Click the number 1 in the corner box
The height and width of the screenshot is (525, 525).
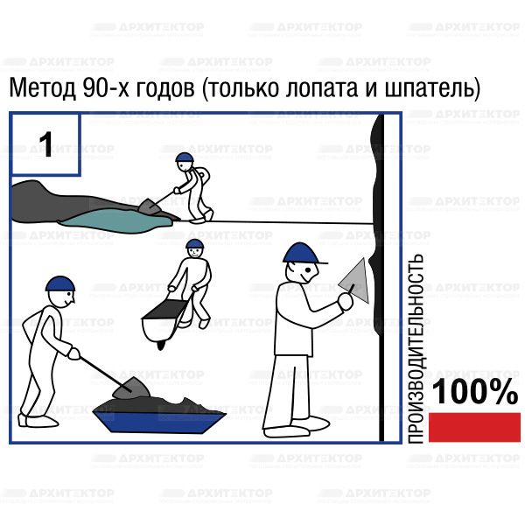tap(45, 144)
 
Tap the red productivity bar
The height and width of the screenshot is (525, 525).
tap(474, 427)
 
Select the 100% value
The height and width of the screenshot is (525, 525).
tap(475, 392)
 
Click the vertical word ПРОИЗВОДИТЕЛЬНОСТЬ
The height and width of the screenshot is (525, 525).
tap(416, 348)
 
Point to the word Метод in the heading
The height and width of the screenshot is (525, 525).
tap(42, 88)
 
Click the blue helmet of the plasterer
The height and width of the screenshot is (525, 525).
tap(304, 253)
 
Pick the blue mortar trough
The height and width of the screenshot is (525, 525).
tap(159, 422)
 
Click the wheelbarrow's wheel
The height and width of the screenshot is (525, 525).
tap(161, 344)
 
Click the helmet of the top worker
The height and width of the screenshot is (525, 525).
tap(185, 157)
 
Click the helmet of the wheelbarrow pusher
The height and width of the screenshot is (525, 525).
tap(195, 243)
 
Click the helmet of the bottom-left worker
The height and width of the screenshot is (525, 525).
tap(60, 283)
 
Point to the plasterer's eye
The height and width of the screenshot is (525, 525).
tap(307, 269)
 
